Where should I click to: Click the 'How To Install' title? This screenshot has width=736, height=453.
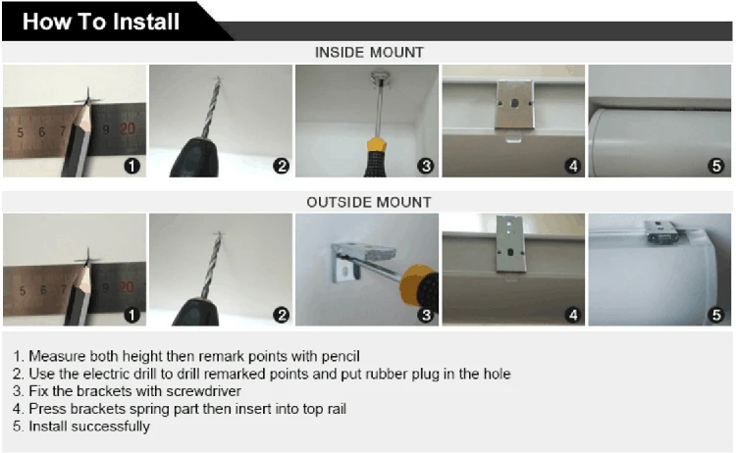(101, 22)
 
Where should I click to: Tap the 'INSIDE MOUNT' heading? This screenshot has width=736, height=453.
(369, 52)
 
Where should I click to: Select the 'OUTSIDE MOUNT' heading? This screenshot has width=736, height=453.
(368, 202)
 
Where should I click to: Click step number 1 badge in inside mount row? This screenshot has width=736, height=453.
(131, 166)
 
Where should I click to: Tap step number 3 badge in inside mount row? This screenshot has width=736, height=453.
(425, 166)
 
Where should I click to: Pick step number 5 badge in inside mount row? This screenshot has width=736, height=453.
(716, 166)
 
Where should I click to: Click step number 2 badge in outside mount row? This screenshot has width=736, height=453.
(282, 315)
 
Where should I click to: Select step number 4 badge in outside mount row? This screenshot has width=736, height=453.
(573, 315)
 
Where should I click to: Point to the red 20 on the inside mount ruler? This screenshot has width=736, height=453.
(128, 129)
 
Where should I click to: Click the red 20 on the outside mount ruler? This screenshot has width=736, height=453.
(126, 286)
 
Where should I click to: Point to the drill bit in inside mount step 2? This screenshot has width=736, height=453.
(210, 108)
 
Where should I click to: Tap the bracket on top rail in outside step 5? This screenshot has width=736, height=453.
(661, 232)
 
